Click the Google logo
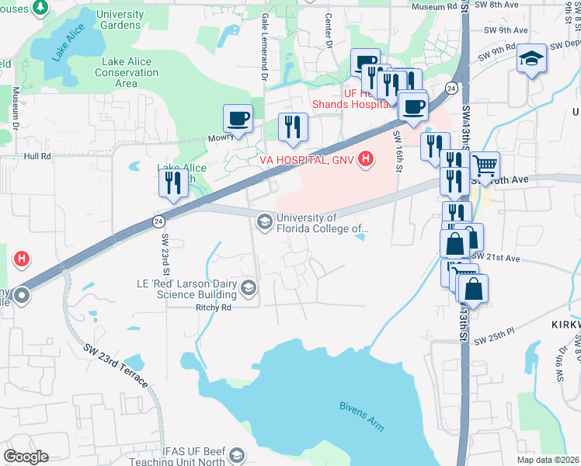26,457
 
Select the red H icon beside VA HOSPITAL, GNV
367,160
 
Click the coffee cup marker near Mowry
238,119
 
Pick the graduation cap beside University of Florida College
264,224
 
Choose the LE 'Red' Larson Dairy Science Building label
186,290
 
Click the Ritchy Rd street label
214,308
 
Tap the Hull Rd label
37,156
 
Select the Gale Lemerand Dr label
265,47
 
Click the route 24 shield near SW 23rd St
158,221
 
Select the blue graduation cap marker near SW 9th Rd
532,59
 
